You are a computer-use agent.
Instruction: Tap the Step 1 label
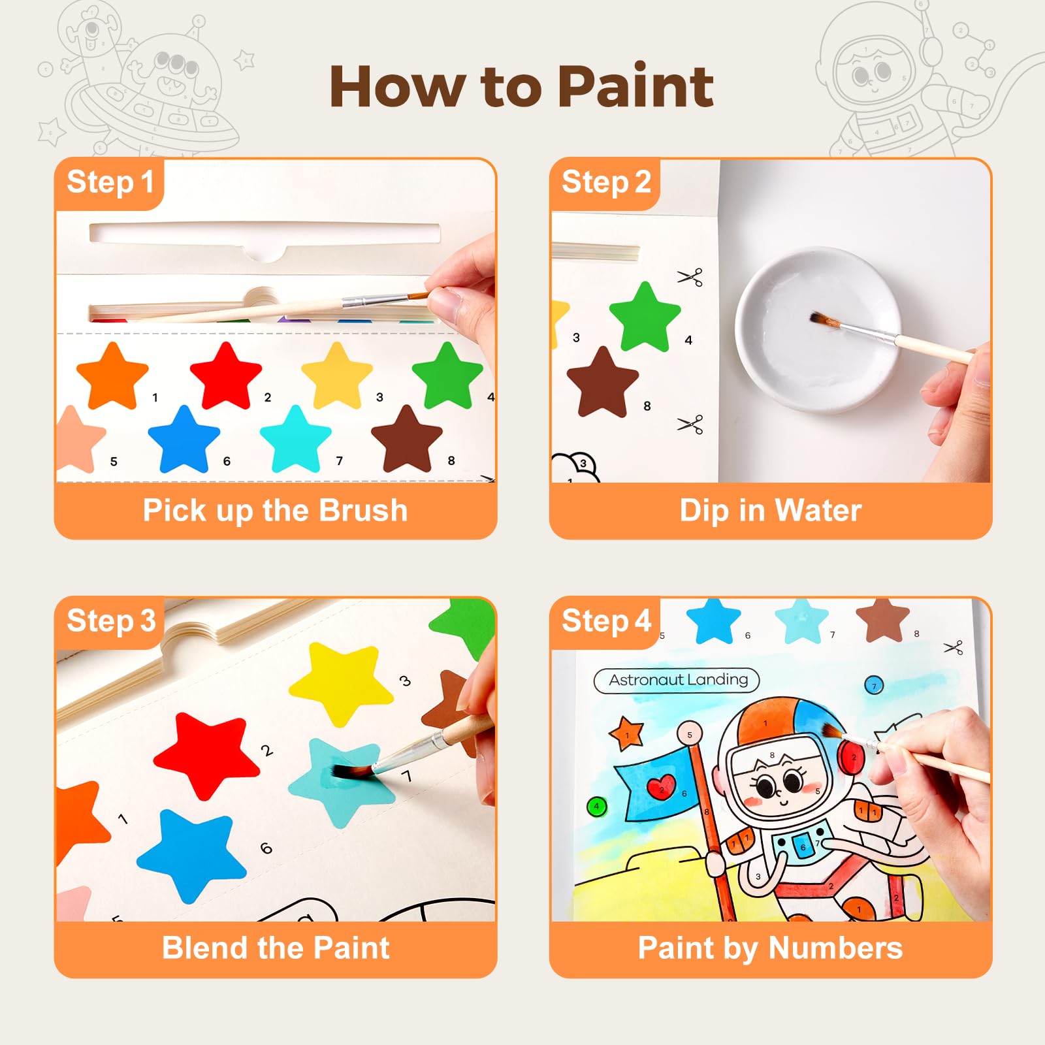tap(110, 182)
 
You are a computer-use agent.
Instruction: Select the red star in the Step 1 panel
tap(226, 376)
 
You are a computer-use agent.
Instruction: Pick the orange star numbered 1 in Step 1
tap(112, 376)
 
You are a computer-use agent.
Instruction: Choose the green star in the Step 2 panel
tap(645, 317)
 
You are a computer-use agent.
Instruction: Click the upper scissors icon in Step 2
tap(690, 277)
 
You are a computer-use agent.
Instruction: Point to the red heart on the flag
tap(662, 787)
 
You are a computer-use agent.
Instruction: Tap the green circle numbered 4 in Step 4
tap(596, 807)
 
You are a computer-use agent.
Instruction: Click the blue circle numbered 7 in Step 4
tap(874, 685)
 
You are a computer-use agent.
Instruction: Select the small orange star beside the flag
tap(627, 733)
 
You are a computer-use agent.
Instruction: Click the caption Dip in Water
tap(771, 510)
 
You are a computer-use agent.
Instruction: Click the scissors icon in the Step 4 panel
tap(954, 648)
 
